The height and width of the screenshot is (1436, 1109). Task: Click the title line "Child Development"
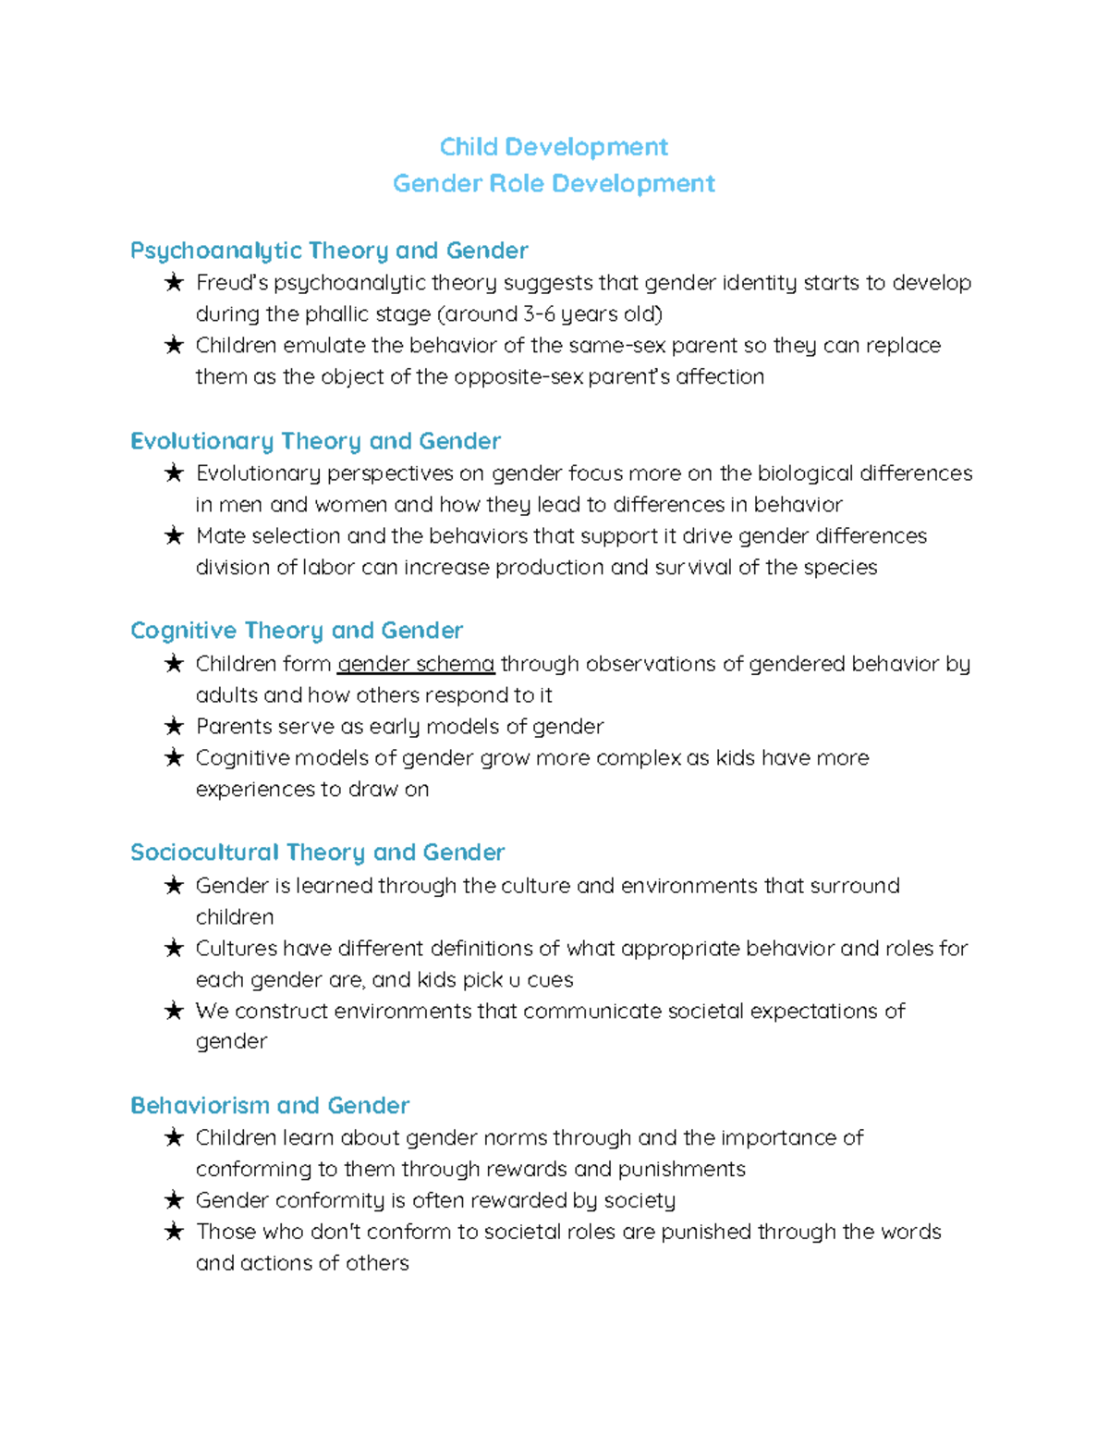[554, 147]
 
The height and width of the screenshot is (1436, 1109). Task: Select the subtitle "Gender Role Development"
[554, 183]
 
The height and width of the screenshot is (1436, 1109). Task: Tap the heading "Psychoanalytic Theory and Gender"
[329, 251]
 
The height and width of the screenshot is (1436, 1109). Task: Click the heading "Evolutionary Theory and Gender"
[315, 441]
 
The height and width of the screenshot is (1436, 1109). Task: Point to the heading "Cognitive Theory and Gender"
[297, 631]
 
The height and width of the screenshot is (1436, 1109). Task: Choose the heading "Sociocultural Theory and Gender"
[317, 853]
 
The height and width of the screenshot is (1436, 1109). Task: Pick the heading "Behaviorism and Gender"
[269, 1105]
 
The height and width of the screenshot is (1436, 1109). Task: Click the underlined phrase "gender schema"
[416, 664]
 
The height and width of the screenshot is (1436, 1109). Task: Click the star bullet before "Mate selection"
[174, 536]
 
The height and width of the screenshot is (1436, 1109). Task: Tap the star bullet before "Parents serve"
[174, 727]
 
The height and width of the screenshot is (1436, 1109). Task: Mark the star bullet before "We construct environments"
[174, 1011]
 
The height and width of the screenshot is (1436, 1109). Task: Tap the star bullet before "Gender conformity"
[174, 1200]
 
